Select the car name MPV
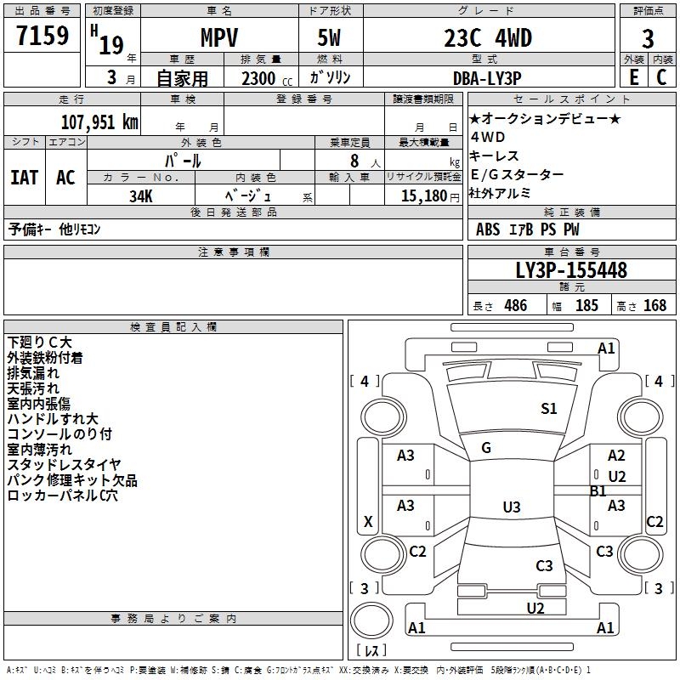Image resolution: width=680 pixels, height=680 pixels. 218,38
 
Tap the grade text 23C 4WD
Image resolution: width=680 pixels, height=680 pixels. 488,38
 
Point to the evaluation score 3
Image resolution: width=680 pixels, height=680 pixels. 648,39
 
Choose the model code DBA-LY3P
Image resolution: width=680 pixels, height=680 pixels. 487,77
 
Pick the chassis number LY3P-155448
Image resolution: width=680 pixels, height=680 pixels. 571,271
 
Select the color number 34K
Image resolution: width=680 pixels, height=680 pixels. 141,195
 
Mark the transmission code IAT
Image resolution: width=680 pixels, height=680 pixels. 24,178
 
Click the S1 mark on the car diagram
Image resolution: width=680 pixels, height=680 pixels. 549,409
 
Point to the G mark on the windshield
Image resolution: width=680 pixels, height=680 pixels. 486,448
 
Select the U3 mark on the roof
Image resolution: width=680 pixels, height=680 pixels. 511,507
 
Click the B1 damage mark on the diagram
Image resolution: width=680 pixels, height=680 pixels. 598,490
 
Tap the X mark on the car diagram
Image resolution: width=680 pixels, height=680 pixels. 368,522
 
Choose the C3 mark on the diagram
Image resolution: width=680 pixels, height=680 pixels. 544,565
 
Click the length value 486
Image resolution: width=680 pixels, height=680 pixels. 515,306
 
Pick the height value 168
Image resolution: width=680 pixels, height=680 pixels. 654,306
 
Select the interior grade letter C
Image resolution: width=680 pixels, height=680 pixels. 661,77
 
